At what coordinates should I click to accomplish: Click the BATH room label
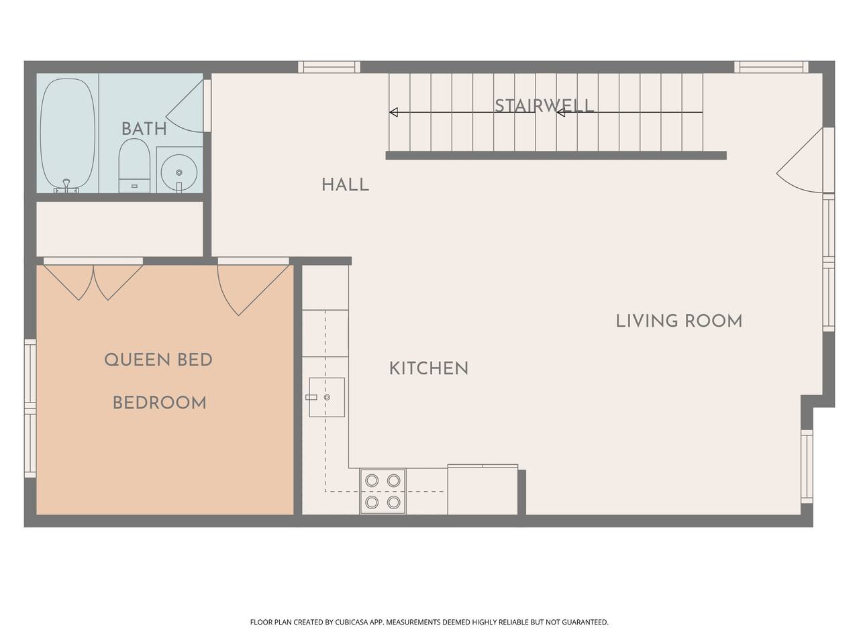click(x=144, y=129)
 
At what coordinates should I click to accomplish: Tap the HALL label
click(x=345, y=185)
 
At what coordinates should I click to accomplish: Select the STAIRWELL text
click(x=544, y=105)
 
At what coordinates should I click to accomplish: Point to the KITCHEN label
click(x=429, y=369)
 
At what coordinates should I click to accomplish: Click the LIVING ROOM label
click(x=679, y=321)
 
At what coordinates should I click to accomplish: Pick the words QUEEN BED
click(x=158, y=360)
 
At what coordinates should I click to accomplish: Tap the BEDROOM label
click(x=159, y=402)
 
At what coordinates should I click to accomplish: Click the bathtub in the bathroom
click(x=68, y=136)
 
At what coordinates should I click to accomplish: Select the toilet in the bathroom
click(x=134, y=166)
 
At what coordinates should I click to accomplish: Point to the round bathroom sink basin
click(x=179, y=172)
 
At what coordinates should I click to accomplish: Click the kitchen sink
click(x=327, y=397)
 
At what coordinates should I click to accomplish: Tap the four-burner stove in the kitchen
click(x=383, y=491)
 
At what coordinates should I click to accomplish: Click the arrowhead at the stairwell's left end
click(x=394, y=112)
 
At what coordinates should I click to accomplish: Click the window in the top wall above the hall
click(x=329, y=67)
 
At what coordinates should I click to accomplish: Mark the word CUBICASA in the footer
click(x=352, y=622)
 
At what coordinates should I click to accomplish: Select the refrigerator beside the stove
click(x=483, y=490)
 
